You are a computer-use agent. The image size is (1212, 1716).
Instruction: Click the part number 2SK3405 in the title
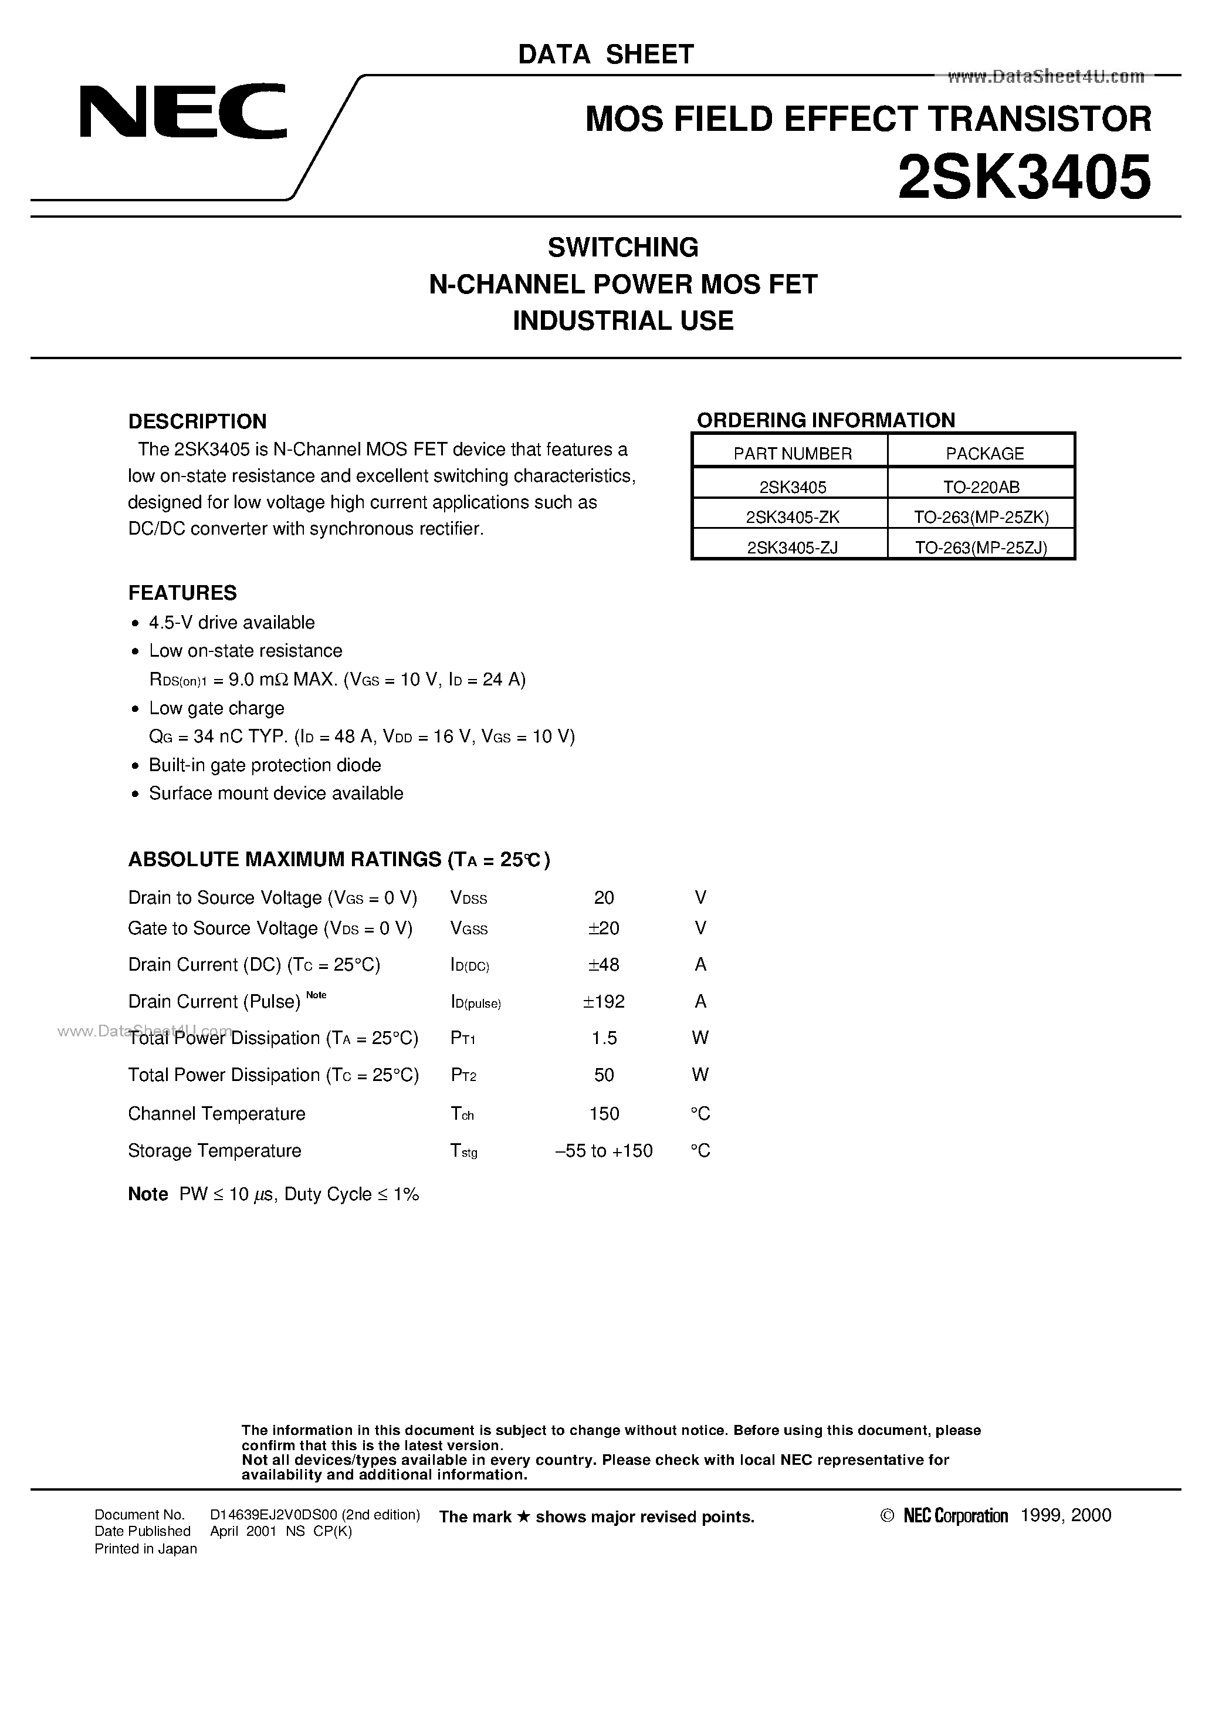(1023, 178)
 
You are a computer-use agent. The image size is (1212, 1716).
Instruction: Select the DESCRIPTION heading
(197, 421)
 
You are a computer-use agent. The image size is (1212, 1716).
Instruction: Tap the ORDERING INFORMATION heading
(825, 420)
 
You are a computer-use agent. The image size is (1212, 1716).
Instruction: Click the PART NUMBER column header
(792, 454)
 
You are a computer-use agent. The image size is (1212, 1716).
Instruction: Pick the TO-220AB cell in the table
(981, 487)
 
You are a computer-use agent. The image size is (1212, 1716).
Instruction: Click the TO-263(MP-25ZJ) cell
(981, 548)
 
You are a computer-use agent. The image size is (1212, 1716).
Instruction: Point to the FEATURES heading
(182, 593)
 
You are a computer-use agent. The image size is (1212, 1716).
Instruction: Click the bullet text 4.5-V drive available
(232, 623)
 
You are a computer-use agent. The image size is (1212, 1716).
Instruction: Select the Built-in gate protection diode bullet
(265, 765)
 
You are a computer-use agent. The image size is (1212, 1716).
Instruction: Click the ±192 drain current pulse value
(604, 1002)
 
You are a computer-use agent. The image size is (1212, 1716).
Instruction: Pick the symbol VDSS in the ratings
(469, 898)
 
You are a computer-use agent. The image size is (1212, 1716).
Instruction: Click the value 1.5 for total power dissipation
(604, 1038)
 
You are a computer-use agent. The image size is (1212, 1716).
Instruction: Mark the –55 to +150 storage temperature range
(604, 1151)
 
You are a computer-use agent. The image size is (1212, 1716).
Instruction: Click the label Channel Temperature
(216, 1114)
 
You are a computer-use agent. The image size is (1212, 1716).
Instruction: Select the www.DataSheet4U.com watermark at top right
(1045, 76)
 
